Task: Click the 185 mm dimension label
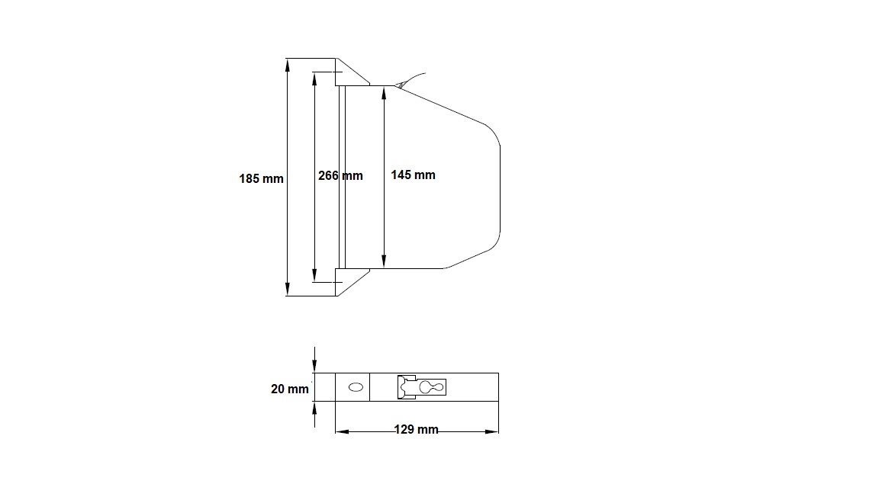261,178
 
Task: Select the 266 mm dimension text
340,175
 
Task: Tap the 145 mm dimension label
413,175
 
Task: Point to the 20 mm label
289,389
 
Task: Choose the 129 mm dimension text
416,429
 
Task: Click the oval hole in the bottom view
356,387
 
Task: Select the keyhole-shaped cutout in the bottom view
432,387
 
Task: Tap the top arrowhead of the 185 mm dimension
288,65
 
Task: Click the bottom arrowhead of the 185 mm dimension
288,289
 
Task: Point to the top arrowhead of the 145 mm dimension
384,92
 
